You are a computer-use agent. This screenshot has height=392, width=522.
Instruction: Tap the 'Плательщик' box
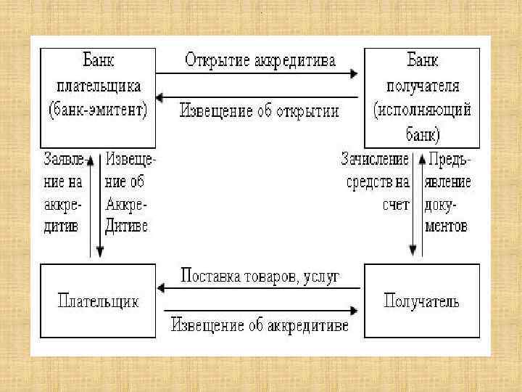coord(98,301)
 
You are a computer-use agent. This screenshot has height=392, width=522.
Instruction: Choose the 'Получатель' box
coord(422,301)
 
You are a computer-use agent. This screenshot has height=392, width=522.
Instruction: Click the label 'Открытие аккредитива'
coord(260,60)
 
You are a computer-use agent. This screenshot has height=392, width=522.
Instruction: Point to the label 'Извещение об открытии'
coord(260,112)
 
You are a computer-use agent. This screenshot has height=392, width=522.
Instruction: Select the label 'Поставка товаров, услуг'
coord(260,276)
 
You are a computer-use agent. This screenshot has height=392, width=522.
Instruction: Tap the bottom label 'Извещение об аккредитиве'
coord(260,324)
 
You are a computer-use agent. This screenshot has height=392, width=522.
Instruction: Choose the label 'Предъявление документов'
coord(448,192)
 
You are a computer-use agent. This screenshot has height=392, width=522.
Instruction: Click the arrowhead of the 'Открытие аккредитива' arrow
coord(354,73)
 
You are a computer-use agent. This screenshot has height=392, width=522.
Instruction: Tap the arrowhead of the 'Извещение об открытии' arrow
coord(162,97)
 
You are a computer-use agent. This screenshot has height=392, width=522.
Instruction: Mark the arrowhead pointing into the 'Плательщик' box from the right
coord(162,289)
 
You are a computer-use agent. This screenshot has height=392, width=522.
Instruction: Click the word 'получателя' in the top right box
coord(423,86)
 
